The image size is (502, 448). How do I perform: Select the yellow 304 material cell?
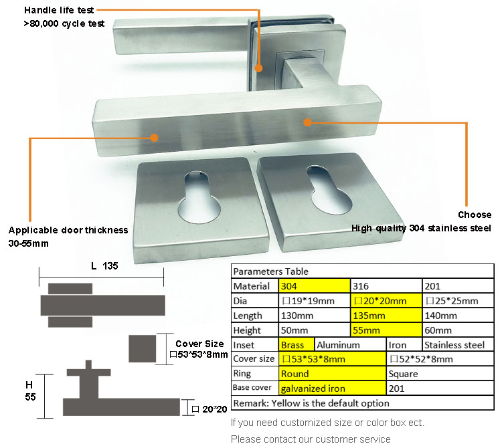click(x=313, y=286)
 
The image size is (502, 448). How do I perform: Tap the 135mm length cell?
click(x=386, y=316)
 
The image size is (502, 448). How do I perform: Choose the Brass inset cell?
click(x=296, y=345)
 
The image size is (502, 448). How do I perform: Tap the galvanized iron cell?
click(x=331, y=388)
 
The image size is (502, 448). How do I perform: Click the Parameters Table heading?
click(x=271, y=271)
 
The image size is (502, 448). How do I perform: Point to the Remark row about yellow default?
click(x=311, y=403)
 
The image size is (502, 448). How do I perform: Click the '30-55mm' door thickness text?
click(x=28, y=243)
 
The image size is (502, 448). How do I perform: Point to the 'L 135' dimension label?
click(x=104, y=265)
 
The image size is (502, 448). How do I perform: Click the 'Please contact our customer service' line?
click(x=311, y=439)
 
